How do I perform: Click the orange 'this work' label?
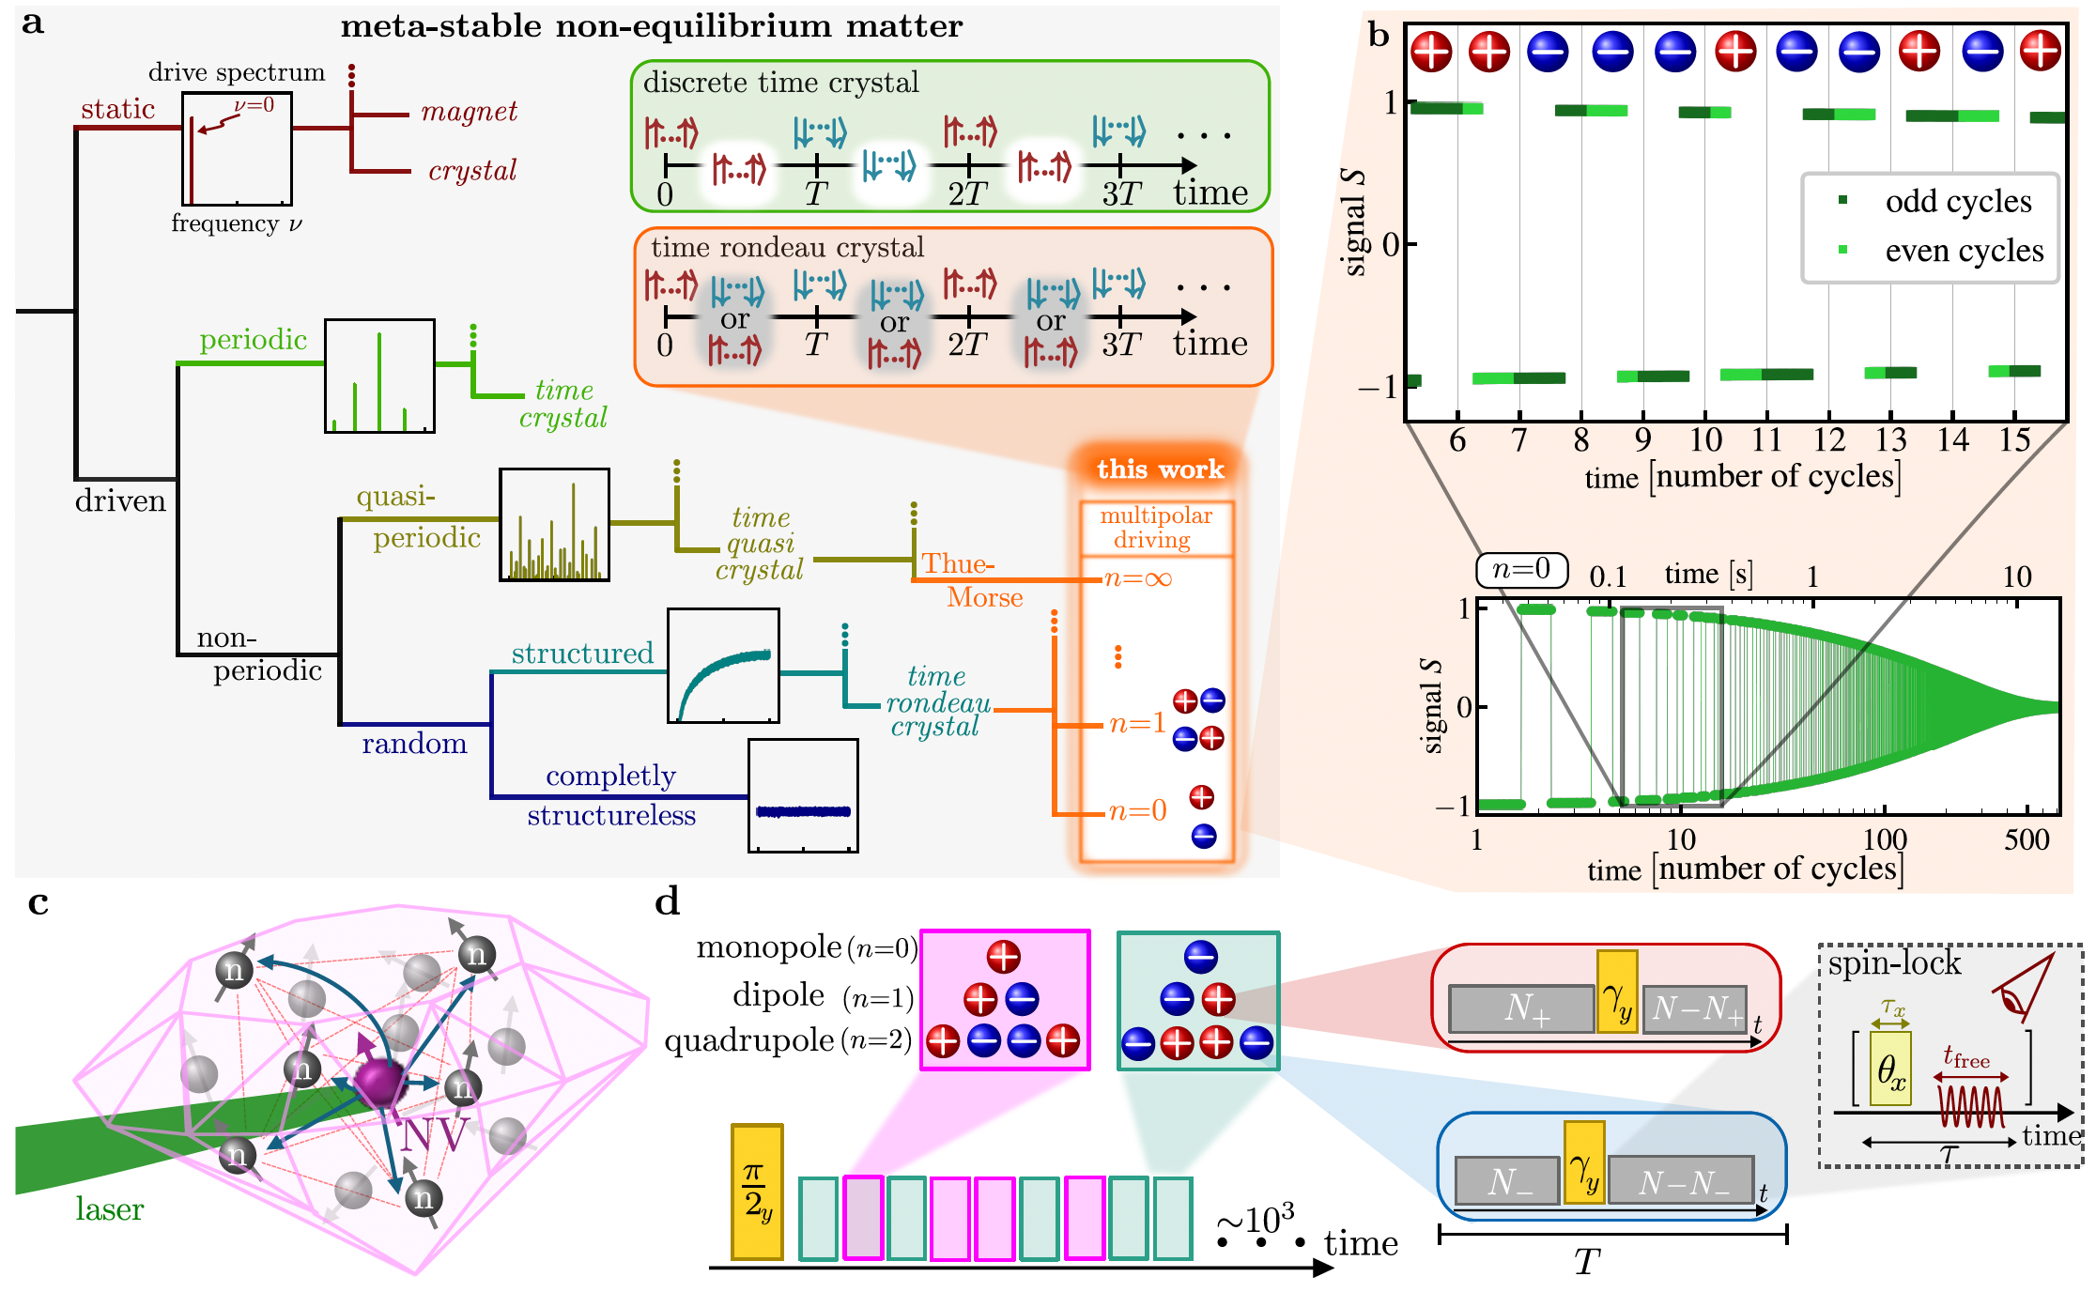click(1160, 469)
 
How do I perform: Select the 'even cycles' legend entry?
click(1963, 251)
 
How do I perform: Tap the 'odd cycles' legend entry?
click(1957, 201)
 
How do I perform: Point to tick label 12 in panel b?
click(1828, 439)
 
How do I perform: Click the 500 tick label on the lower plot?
click(2027, 839)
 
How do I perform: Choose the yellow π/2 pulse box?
click(757, 1192)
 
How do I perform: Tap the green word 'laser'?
click(109, 1209)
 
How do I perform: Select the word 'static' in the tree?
click(117, 110)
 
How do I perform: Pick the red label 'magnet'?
click(469, 112)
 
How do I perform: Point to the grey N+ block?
click(1521, 1008)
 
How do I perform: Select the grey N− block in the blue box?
click(1507, 1181)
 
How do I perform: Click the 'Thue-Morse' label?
click(972, 580)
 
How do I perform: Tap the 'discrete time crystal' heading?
click(780, 83)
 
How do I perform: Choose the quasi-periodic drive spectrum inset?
click(554, 524)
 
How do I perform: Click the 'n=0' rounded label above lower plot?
click(1521, 569)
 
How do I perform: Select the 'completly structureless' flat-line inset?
click(803, 795)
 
